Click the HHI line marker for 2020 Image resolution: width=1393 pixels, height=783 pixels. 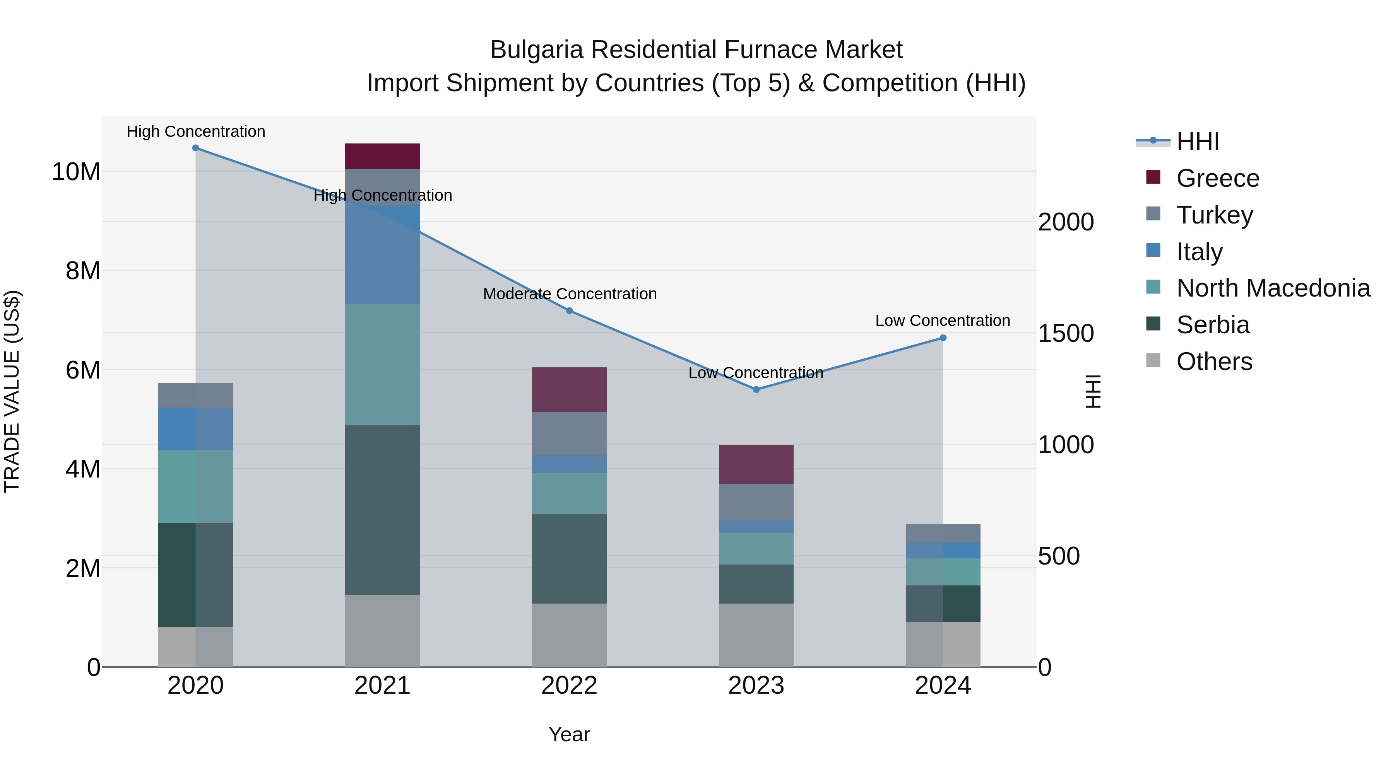pos(196,148)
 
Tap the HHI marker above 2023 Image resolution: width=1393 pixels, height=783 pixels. pos(756,390)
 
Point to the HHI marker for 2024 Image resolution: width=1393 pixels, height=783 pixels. pos(943,338)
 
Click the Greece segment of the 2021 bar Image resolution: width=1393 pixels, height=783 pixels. pos(382,156)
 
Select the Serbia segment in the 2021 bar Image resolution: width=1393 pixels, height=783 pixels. pos(382,510)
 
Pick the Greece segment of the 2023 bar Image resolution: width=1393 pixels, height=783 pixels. pos(756,464)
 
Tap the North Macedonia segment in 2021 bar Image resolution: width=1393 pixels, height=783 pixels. pos(382,365)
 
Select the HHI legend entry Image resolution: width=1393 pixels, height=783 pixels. pos(1198,142)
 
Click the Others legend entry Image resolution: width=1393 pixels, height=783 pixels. pos(1214,362)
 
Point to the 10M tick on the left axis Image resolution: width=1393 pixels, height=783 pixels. pos(76,172)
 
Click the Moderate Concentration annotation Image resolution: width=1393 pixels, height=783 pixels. pos(570,294)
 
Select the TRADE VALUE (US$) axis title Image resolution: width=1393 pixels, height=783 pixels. pos(12,391)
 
